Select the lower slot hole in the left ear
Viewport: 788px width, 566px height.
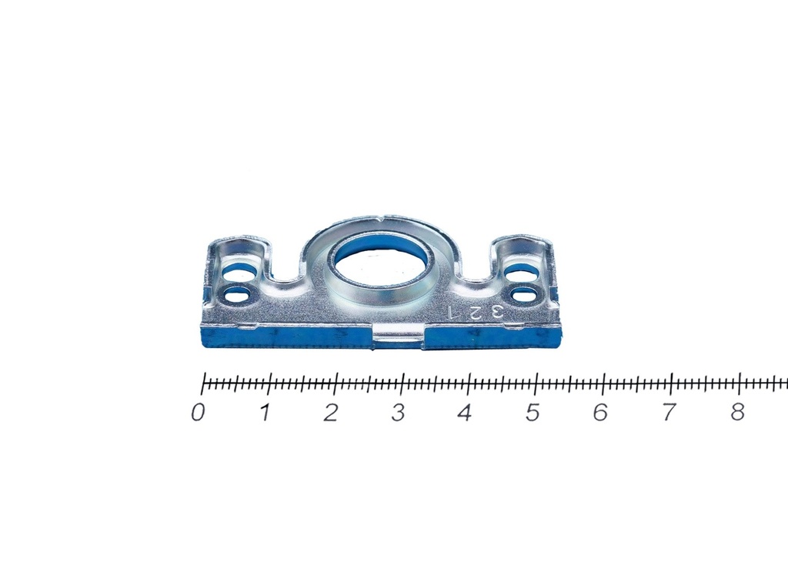[238, 294]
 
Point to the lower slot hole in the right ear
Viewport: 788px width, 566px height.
[523, 293]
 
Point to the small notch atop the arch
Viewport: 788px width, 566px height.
[383, 218]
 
